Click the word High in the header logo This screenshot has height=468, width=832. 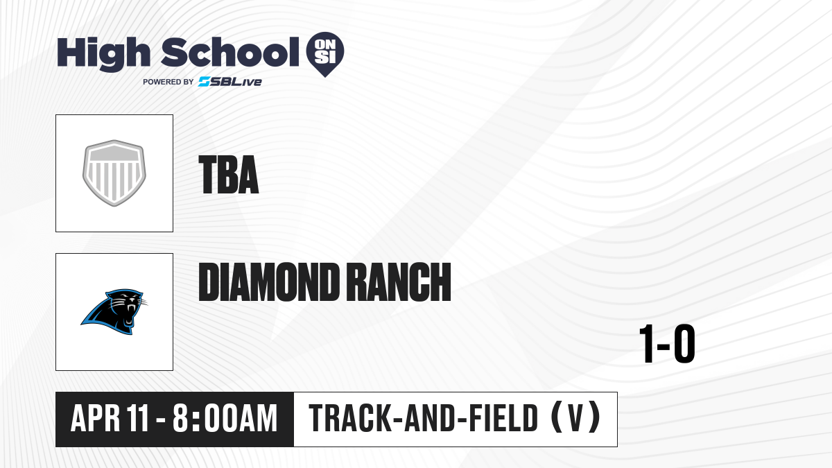pyautogui.click(x=103, y=54)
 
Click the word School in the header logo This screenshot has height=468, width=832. pyautogui.click(x=230, y=52)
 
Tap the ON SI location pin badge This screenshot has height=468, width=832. pyautogui.click(x=325, y=54)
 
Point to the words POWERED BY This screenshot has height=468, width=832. pyautogui.click(x=168, y=82)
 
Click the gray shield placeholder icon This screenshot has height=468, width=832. pyautogui.click(x=114, y=173)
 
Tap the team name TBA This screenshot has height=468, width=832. pyautogui.click(x=228, y=175)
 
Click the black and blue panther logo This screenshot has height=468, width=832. pyautogui.click(x=114, y=311)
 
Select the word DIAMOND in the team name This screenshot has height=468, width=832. pyautogui.click(x=268, y=281)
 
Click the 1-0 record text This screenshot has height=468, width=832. pyautogui.click(x=667, y=344)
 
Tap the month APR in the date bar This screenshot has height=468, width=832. pyautogui.click(x=96, y=419)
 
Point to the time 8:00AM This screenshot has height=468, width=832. pyautogui.click(x=225, y=419)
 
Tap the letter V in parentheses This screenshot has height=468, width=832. pyautogui.click(x=575, y=419)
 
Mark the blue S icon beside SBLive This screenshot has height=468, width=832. pyautogui.click(x=204, y=82)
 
